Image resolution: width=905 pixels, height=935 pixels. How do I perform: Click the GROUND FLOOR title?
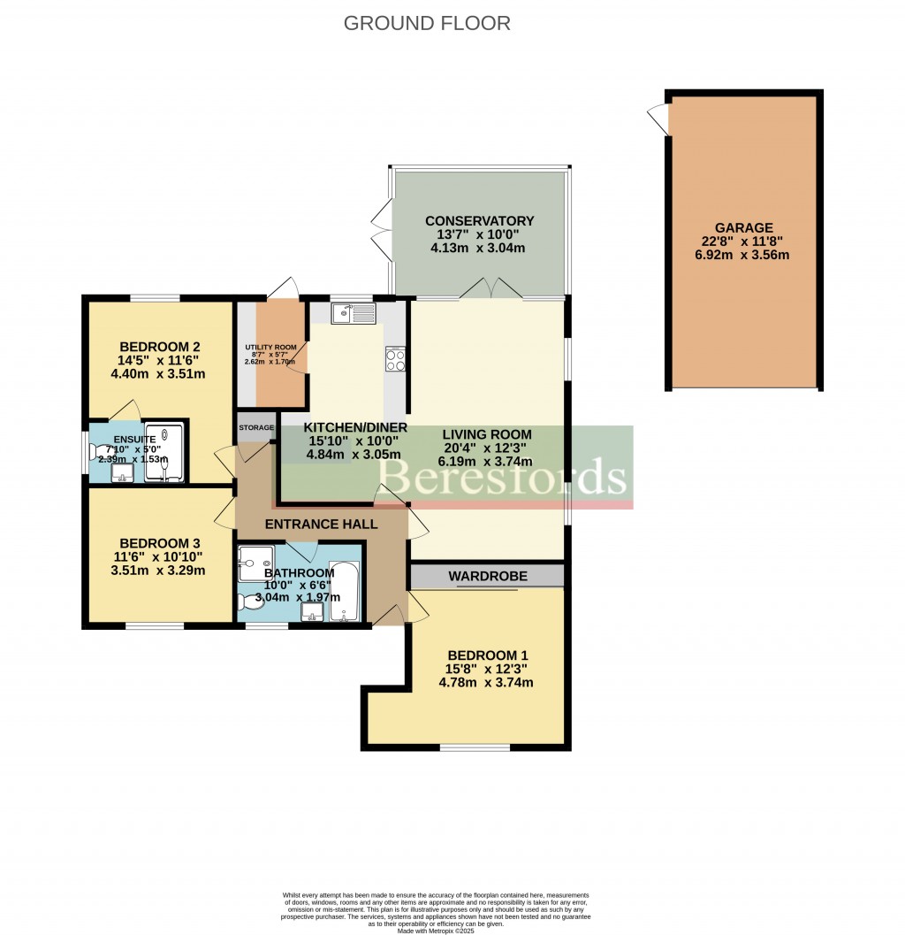[427, 24]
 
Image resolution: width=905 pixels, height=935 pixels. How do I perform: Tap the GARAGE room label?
[744, 227]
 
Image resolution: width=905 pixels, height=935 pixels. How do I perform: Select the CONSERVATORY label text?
[479, 221]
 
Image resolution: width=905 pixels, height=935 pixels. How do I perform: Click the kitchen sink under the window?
[354, 312]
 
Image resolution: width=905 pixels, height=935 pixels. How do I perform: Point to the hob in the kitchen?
[394, 359]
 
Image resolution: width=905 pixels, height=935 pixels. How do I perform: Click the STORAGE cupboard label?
[256, 428]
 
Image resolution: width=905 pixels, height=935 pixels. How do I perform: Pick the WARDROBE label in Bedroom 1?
[487, 576]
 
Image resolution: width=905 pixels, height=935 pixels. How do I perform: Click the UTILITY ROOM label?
[271, 348]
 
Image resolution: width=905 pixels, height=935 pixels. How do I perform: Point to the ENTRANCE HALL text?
[321, 524]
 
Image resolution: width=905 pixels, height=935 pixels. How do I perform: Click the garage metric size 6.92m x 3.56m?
[743, 255]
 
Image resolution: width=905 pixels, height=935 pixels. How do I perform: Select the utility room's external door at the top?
[284, 288]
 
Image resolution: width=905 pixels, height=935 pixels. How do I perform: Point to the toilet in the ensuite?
[95, 451]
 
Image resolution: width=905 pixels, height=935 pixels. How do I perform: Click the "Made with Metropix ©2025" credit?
[436, 930]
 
